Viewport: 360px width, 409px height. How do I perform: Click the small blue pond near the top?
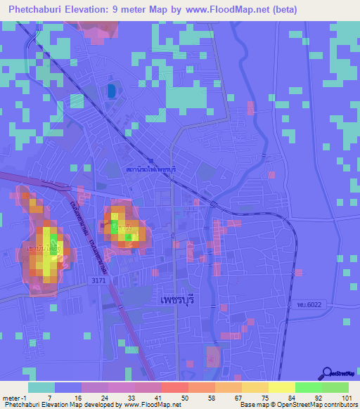point(111,91)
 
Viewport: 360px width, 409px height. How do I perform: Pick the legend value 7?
point(49,397)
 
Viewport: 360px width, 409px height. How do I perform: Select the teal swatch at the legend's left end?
point(41,387)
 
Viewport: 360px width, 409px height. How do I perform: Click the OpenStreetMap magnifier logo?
point(328,375)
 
